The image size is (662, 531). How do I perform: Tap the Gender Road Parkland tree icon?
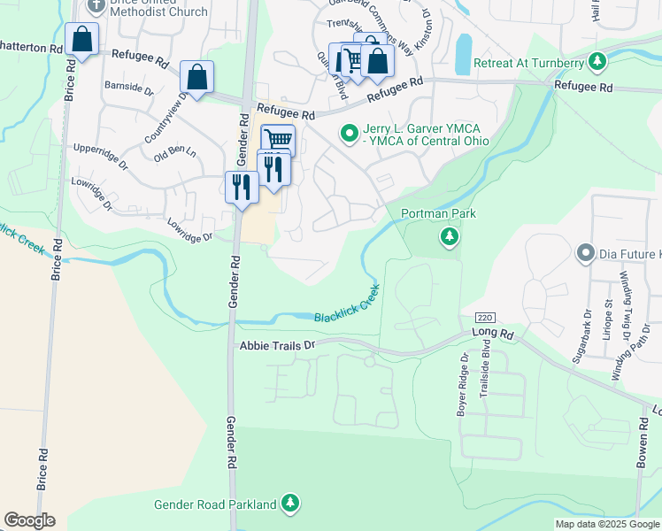290,504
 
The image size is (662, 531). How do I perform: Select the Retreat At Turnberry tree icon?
599,62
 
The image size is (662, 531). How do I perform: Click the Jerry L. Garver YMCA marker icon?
350,134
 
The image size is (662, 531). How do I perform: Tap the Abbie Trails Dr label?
277,345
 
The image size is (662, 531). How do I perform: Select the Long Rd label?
493,334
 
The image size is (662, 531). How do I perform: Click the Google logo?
29,520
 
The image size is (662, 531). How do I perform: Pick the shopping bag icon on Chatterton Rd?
81,40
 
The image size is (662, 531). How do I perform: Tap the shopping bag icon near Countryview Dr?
197,77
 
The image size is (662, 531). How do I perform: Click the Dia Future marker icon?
585,254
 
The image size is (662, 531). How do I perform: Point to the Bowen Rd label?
644,451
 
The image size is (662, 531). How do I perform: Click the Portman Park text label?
438,213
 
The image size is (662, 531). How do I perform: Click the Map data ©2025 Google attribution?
606,523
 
